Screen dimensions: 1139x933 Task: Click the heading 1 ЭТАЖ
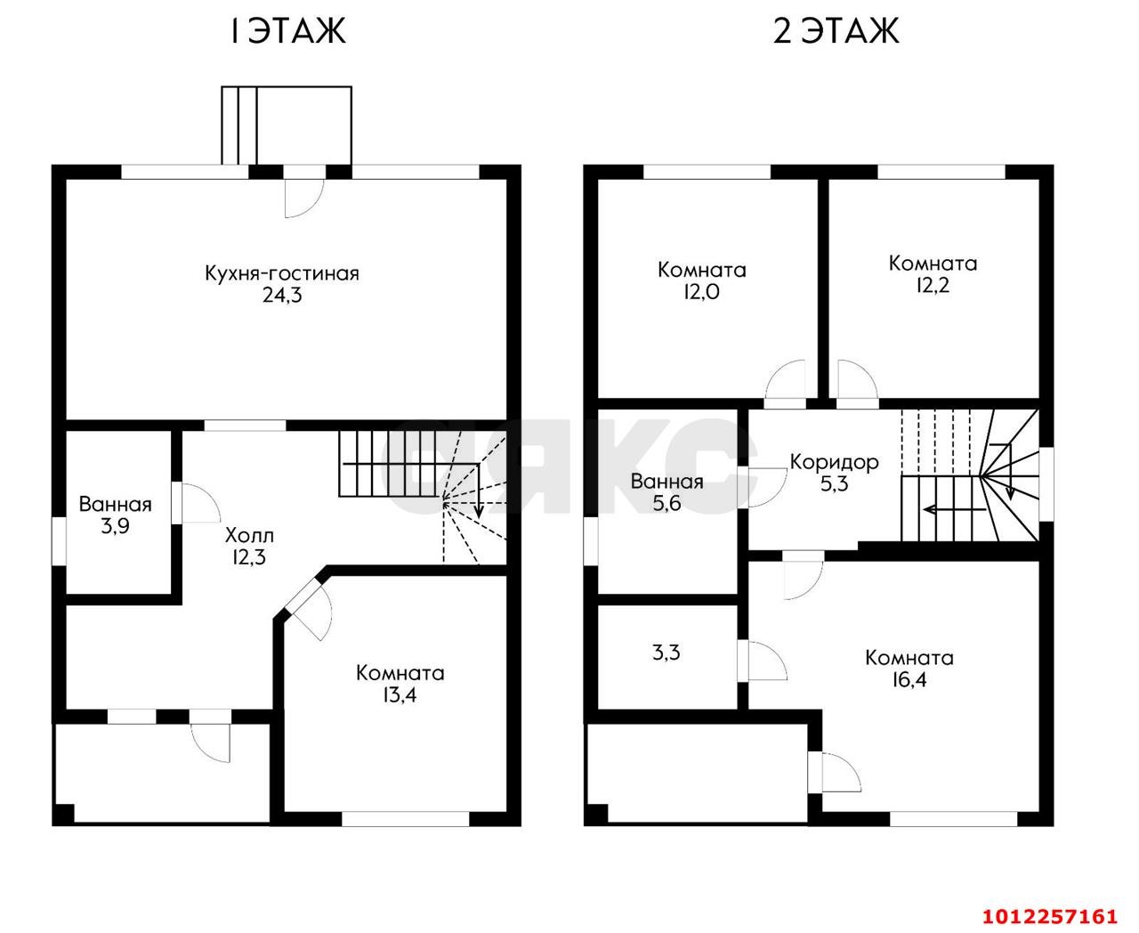(x=288, y=31)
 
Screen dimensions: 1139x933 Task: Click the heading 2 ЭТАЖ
(x=836, y=31)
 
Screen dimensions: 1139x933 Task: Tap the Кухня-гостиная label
(x=282, y=273)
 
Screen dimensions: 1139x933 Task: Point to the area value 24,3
(x=282, y=296)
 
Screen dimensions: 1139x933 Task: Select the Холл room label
(x=249, y=535)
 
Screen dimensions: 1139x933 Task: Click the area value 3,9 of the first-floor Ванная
(x=115, y=526)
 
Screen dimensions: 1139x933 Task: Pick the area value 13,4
(x=400, y=695)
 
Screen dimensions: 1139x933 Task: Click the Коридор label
(x=835, y=462)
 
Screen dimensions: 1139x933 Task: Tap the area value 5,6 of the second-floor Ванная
(x=667, y=504)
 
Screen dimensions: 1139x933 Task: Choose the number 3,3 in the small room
(x=666, y=653)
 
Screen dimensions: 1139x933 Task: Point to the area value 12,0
(x=701, y=292)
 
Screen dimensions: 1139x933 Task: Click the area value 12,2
(x=933, y=285)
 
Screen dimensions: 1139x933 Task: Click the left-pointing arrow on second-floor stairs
(x=954, y=509)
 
